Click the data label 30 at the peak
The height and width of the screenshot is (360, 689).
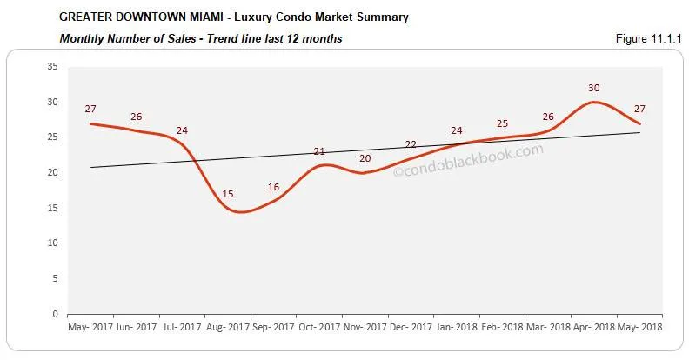coord(594,88)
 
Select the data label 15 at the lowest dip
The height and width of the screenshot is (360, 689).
coord(227,194)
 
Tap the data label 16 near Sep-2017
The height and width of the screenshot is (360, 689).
coord(274,187)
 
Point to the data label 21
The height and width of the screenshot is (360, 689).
coord(319,151)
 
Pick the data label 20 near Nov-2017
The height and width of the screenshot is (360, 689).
coord(365,159)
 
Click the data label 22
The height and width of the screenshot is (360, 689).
coord(411,144)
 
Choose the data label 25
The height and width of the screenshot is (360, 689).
coord(502,123)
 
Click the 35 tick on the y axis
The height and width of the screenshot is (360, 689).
coord(52,66)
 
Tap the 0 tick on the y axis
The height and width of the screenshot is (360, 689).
coord(56,314)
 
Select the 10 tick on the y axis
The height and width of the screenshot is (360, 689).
coord(52,243)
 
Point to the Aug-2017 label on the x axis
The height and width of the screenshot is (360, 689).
coord(228,329)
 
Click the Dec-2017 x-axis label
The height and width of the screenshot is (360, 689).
coord(411,329)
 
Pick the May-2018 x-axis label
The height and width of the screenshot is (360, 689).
coord(639,329)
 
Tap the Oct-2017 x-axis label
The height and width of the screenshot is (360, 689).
coord(319,329)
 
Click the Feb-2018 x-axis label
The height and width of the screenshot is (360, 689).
coord(502,329)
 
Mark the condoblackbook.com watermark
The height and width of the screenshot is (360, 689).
coord(468,161)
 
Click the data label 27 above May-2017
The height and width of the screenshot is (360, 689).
coord(90,110)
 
